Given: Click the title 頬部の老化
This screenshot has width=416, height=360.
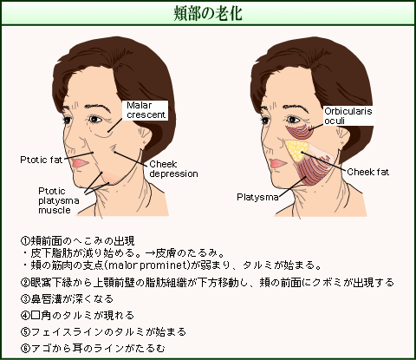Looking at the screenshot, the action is (208, 13).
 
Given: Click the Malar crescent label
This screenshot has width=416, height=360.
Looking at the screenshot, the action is (146, 110).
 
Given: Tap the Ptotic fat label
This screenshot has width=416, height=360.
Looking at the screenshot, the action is (41, 160).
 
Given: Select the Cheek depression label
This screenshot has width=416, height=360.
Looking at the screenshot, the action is (173, 169).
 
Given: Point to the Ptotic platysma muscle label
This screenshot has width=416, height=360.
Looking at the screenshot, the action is (59, 200).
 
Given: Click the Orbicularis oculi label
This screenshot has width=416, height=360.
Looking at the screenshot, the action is (348, 115).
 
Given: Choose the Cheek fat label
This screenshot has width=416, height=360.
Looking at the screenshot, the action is (367, 172).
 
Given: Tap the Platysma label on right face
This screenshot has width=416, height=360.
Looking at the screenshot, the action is (257, 197).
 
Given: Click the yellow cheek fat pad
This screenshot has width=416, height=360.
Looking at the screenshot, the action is (295, 150).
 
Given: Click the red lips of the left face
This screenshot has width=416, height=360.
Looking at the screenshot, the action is (80, 163).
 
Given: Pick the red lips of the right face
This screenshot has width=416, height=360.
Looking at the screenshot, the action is (278, 164).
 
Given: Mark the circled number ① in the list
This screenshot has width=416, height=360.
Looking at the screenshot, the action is (25, 240).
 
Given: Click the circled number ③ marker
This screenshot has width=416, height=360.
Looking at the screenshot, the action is (25, 298).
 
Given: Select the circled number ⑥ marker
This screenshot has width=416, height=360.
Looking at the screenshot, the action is (25, 349).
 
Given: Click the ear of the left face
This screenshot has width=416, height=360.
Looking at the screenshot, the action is (146, 136).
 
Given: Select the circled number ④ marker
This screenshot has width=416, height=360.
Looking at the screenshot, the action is (25, 315).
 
